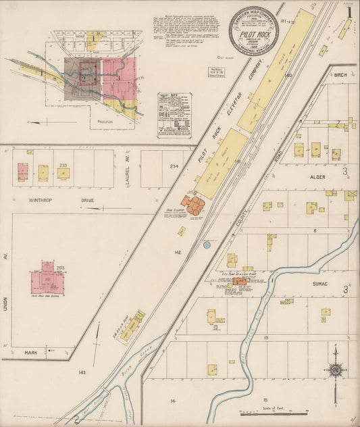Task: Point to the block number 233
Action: point(63,165)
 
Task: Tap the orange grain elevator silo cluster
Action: point(191,205)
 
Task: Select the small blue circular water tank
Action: point(206,245)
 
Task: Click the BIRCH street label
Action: point(340,76)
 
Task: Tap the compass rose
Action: point(335,369)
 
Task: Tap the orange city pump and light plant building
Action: point(239,281)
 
